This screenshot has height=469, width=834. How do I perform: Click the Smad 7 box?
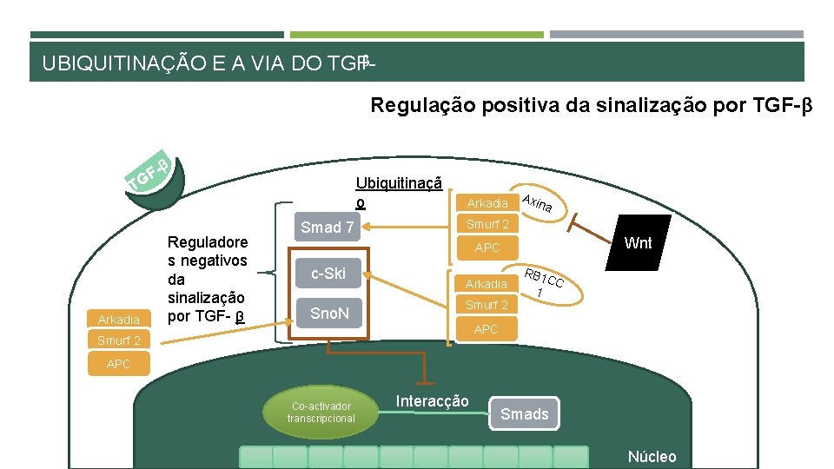[328, 227]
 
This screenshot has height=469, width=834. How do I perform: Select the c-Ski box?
[328, 274]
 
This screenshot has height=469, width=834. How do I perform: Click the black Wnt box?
[638, 243]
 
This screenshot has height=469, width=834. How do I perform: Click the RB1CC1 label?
[543, 284]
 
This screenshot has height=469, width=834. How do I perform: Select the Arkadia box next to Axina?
[487, 202]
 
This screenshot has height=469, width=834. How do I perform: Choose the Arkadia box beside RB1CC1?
[486, 283]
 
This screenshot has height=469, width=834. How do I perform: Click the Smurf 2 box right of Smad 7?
[487, 224]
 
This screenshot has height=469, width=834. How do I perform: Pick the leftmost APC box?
[118, 364]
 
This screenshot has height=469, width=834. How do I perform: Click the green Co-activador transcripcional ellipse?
[321, 412]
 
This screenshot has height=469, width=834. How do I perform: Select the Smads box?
[525, 413]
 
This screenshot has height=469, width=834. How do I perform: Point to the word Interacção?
[432, 400]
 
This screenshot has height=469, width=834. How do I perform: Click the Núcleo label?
[652, 457]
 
